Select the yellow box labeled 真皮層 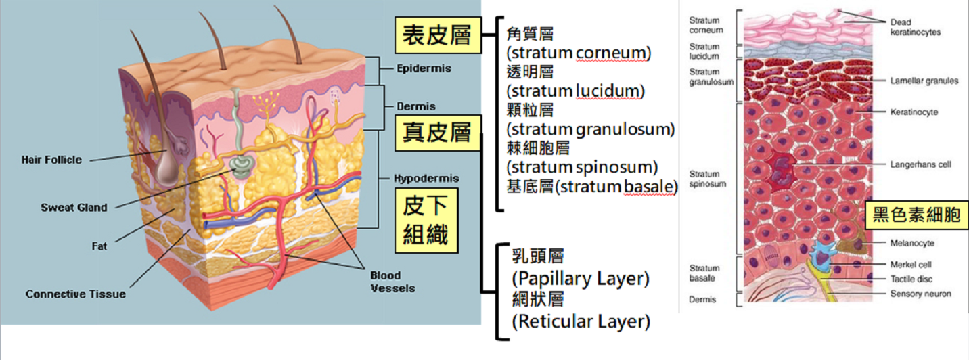[437, 131]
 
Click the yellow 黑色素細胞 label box [916, 217]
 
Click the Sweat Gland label [74, 208]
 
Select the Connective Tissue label [75, 294]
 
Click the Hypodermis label [426, 179]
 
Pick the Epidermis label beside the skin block [424, 68]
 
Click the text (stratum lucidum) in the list [576, 91]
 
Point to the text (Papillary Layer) [580, 278]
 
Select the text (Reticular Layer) [580, 321]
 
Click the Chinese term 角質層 [529, 33]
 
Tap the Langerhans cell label [921, 165]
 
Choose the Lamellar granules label [924, 81]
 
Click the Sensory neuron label [920, 294]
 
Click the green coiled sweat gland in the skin [241, 164]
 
